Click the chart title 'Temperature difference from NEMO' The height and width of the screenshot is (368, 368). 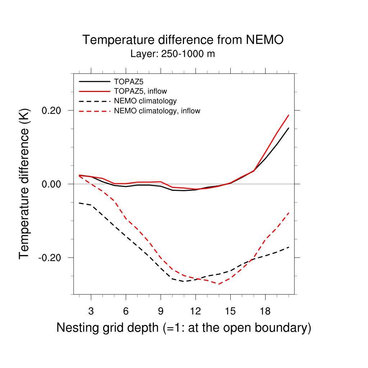[x=183, y=40]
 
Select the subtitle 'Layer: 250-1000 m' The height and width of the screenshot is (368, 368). [x=173, y=54]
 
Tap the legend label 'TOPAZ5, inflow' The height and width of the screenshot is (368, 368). [x=140, y=91]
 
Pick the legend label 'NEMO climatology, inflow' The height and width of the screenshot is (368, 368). [x=157, y=111]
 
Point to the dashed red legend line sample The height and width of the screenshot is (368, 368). [x=94, y=111]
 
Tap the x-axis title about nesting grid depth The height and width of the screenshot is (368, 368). [x=184, y=328]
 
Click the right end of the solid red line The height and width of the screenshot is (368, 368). [x=289, y=115]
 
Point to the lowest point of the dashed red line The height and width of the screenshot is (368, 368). [x=218, y=284]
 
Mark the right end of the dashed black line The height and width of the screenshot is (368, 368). [x=289, y=247]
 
